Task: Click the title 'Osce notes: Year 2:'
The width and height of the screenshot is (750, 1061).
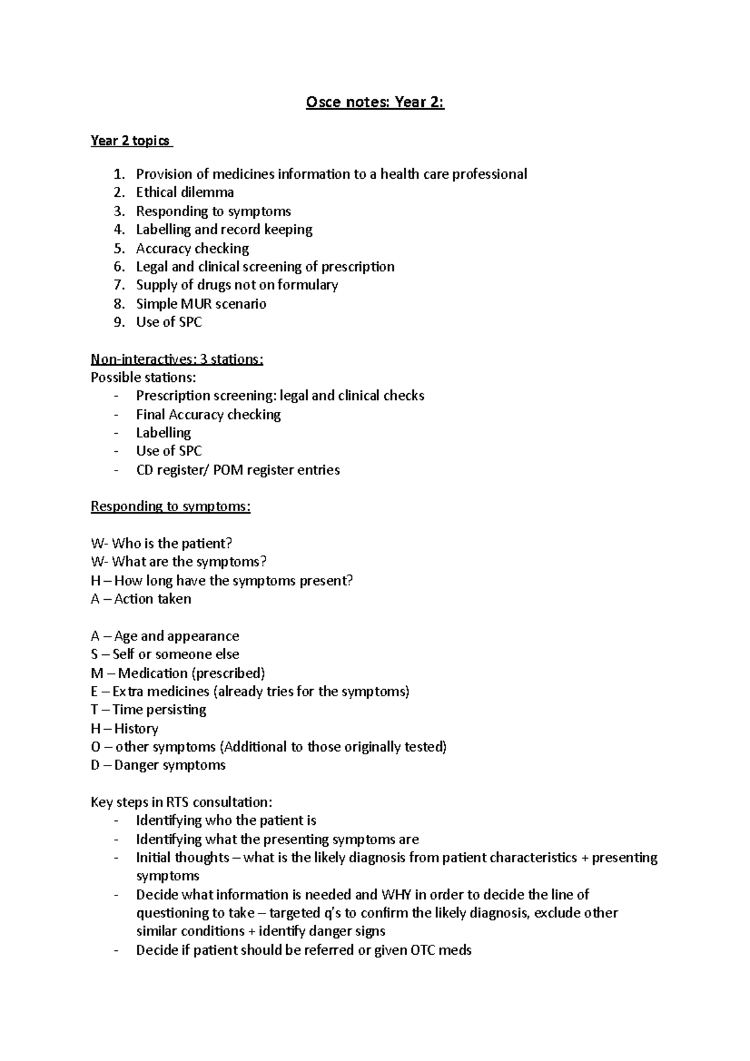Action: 375,102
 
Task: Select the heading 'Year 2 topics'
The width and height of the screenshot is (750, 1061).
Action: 130,141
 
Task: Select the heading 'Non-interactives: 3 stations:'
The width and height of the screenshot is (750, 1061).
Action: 177,359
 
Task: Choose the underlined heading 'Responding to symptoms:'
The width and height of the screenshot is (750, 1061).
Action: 171,506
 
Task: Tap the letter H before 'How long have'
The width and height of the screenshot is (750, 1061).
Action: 96,580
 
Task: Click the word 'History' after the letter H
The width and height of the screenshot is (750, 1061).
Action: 136,729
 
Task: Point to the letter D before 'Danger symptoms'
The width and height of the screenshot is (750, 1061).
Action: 96,765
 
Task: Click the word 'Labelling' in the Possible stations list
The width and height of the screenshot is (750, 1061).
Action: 164,432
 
